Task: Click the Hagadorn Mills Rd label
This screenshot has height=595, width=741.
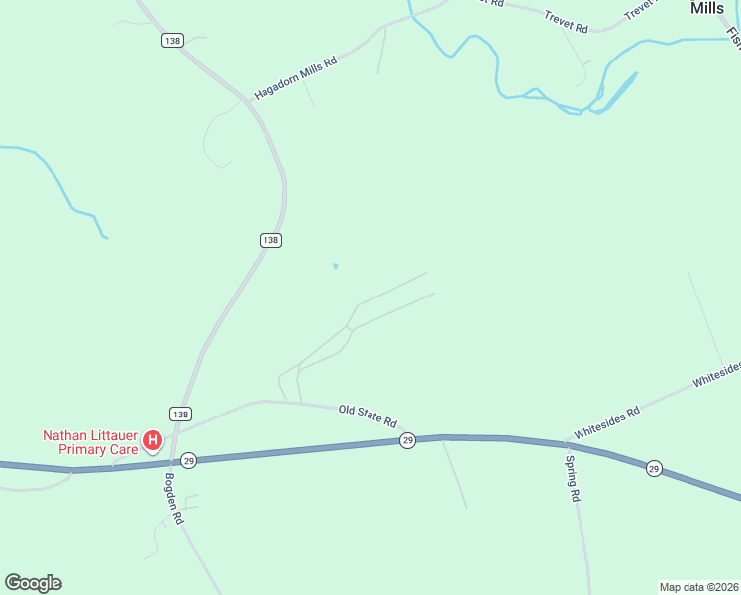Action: pos(296,76)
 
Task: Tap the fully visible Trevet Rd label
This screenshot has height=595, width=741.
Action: pos(566,22)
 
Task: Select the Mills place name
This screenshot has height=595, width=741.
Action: pos(707,8)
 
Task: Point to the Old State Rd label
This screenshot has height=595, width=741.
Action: pos(368,416)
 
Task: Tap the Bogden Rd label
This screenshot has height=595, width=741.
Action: pos(174,498)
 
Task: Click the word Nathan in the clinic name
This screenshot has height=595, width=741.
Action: pos(66,434)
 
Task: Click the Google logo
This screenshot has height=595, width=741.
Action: pos(33,583)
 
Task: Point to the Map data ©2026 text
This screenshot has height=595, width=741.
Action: pos(697,587)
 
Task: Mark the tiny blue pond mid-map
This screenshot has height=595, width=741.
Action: pos(335,266)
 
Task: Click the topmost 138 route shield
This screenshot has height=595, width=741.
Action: pos(172,40)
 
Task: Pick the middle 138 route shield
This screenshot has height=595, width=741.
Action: pos(271,240)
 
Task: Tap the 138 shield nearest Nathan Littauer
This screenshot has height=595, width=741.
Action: pos(179,414)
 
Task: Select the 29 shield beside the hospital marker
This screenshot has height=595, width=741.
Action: pos(189,460)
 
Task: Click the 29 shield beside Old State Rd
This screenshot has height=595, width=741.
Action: pos(407,440)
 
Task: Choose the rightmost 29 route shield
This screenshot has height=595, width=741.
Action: pos(654,468)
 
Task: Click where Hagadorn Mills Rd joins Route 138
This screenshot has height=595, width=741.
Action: pos(248,101)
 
